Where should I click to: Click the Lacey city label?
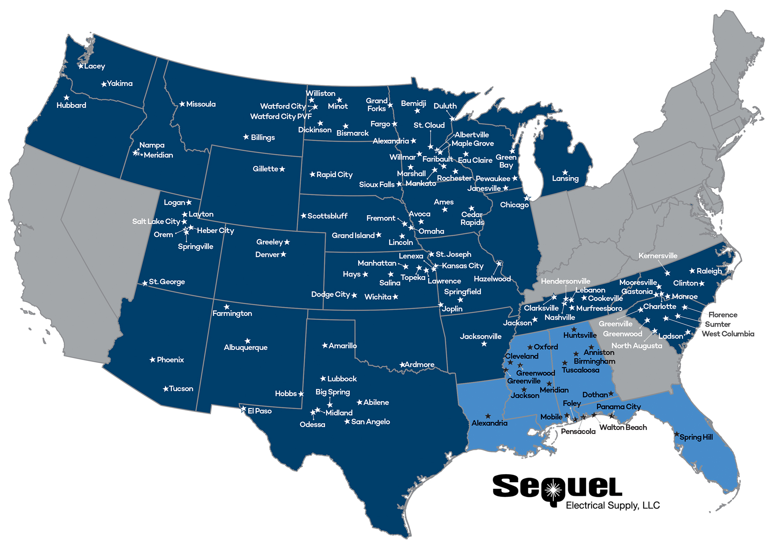tap(95, 66)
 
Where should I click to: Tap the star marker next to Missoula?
tap(182, 104)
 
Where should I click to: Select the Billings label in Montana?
tap(263, 137)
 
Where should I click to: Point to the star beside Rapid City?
tap(312, 174)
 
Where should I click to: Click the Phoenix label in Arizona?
tap(170, 360)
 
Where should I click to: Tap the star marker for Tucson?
tap(166, 389)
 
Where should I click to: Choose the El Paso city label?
tap(260, 411)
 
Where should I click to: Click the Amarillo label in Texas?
tap(342, 346)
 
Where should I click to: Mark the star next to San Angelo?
tap(347, 422)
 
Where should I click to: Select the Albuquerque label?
tap(246, 347)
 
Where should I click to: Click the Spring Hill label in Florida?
tap(696, 437)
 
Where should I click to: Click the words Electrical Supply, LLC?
tap(613, 506)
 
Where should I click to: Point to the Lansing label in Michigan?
tap(565, 179)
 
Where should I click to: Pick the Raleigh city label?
tap(709, 271)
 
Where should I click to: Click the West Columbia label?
tap(728, 334)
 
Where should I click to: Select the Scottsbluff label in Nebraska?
tap(327, 216)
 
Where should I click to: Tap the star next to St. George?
tap(145, 283)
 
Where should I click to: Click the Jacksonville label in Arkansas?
tap(481, 336)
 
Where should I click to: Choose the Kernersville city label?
tap(658, 256)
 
